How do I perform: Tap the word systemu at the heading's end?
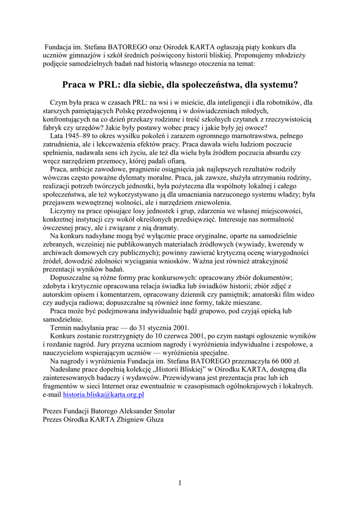pyautogui.click(x=276, y=85)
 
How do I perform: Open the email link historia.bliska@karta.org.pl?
pyautogui.click(x=103, y=394)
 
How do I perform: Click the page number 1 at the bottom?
pyautogui.click(x=180, y=482)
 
